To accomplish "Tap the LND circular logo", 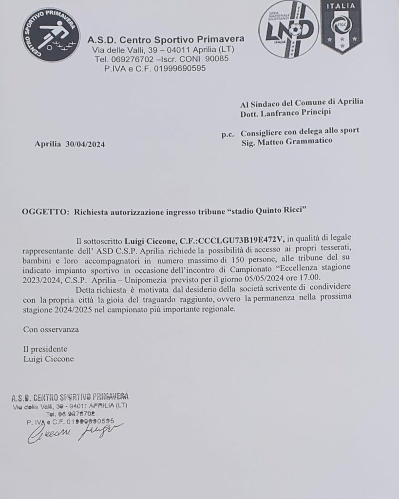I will (288, 29).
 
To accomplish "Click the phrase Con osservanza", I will (51, 329).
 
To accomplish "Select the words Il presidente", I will (45, 349).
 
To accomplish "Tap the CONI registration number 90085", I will (218, 59).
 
